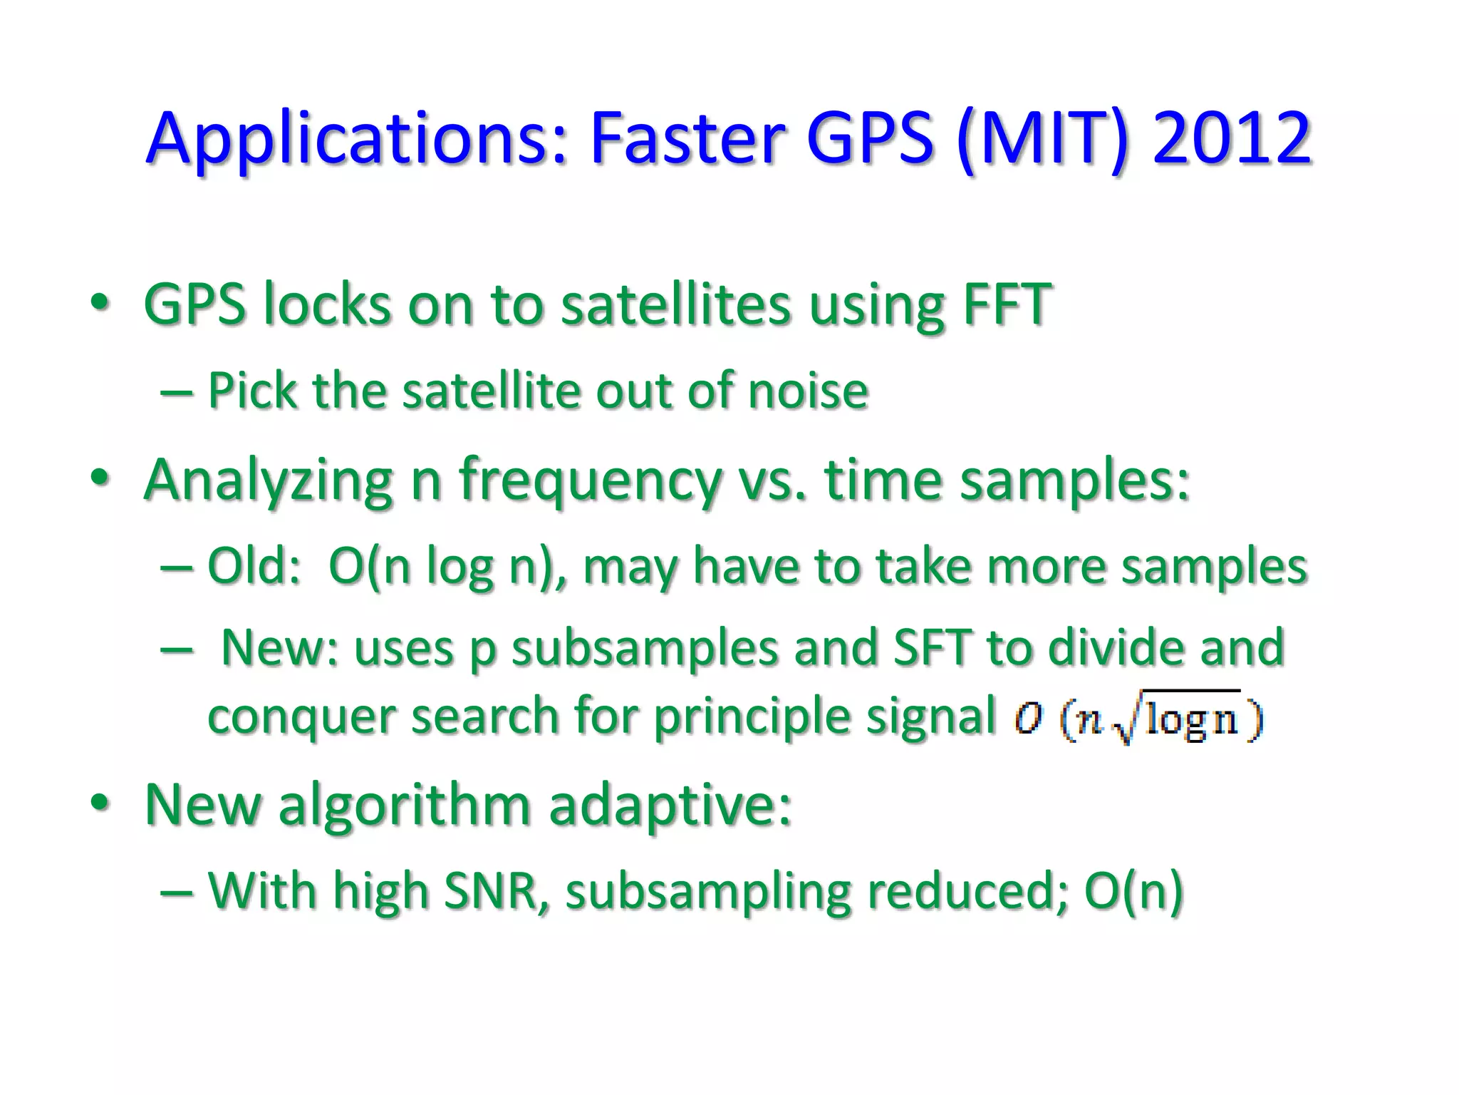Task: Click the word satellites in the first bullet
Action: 675,304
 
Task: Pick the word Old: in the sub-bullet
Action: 254,566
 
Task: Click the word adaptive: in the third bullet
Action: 670,806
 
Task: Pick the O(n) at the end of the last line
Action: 1133,891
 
